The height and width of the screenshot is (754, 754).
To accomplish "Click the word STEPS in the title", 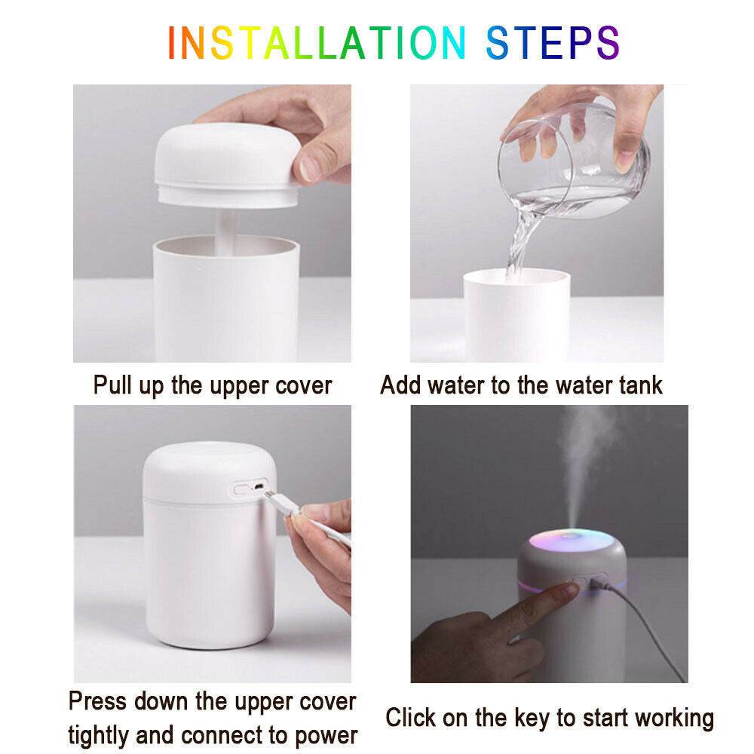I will coord(552,43).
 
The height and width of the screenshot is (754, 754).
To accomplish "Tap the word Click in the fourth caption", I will coord(412,717).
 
